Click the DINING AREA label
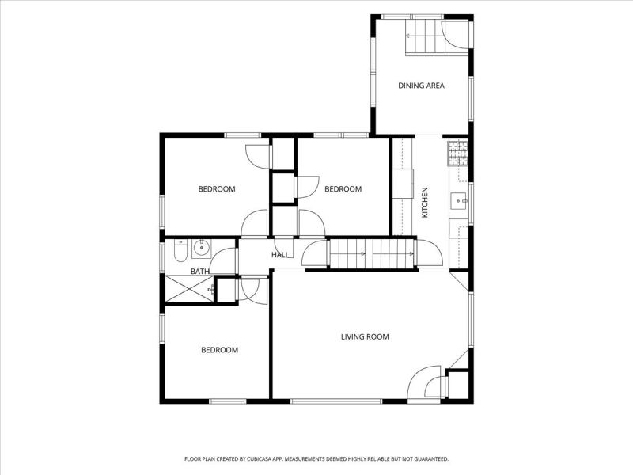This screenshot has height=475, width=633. pyautogui.click(x=421, y=85)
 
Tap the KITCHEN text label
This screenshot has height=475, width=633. pyautogui.click(x=425, y=203)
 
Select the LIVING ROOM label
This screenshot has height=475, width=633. pyautogui.click(x=365, y=336)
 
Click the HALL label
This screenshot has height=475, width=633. pyautogui.click(x=280, y=255)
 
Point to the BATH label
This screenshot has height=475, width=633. pyautogui.click(x=200, y=271)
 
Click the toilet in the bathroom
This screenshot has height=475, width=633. pyautogui.click(x=180, y=250)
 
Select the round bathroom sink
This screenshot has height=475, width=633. pyautogui.click(x=201, y=249)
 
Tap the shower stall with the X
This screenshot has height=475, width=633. pyautogui.click(x=189, y=288)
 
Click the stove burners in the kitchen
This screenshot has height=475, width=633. pyautogui.click(x=458, y=153)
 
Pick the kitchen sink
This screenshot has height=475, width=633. pyautogui.click(x=460, y=202)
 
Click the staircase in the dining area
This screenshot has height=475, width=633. pyautogui.click(x=425, y=36)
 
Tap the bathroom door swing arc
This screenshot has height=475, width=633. pyautogui.click(x=222, y=261)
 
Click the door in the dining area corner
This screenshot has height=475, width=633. pyautogui.click(x=455, y=35)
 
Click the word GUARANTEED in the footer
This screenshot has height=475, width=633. pyautogui.click(x=432, y=459)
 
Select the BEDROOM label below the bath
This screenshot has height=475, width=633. pyautogui.click(x=220, y=350)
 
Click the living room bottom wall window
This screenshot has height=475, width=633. pyautogui.click(x=336, y=401)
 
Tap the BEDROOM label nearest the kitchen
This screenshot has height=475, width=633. pyautogui.click(x=343, y=188)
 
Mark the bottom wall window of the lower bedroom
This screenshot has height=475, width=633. pyautogui.click(x=228, y=401)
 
